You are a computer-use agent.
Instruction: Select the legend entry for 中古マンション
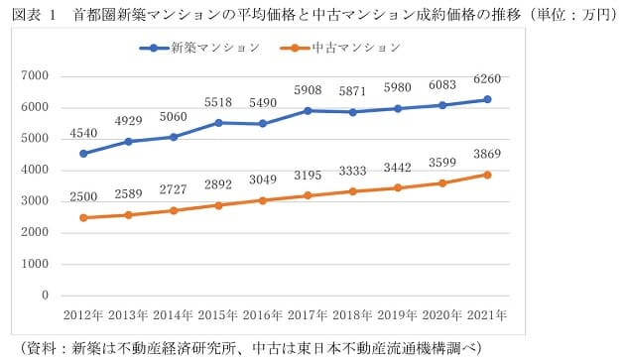coord(353,47)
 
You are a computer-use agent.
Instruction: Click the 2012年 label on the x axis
coord(83,315)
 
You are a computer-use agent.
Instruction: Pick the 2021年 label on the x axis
coord(487,315)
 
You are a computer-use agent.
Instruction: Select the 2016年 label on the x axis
coord(263,315)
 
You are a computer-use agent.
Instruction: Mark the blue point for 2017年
coord(308,110)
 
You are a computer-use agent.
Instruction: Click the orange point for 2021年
coord(487,174)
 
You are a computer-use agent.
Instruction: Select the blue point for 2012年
coord(83,154)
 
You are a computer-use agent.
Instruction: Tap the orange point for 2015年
coord(218,205)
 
